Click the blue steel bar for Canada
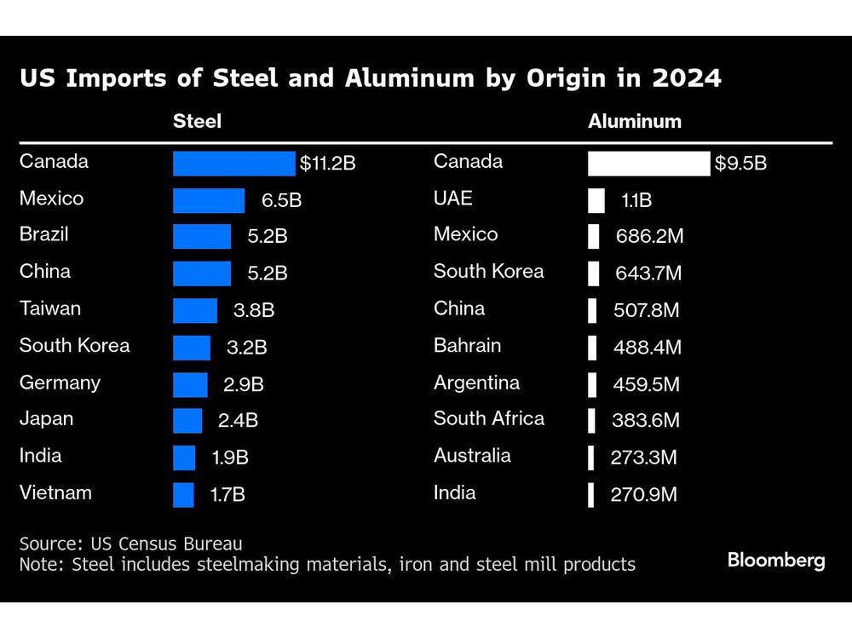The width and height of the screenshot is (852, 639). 233,164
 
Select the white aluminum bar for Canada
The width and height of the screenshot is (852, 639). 648,164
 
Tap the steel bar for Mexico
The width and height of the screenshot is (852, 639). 209,201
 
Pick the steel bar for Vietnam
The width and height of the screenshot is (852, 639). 183,495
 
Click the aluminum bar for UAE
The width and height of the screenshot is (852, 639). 596,200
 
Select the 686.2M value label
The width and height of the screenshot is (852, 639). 649,237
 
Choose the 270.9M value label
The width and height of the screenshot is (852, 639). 643,495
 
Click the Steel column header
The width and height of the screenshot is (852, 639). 197,121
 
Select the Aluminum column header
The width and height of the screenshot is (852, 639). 635,121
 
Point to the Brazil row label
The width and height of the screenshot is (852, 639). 44,234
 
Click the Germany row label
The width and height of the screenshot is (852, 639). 60,383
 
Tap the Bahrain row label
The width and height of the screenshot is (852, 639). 467,346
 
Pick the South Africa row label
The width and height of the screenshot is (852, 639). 489,418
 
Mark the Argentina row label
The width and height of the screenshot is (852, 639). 476,383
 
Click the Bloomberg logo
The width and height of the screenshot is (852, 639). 776,560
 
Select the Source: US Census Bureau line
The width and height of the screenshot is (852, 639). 131,544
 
